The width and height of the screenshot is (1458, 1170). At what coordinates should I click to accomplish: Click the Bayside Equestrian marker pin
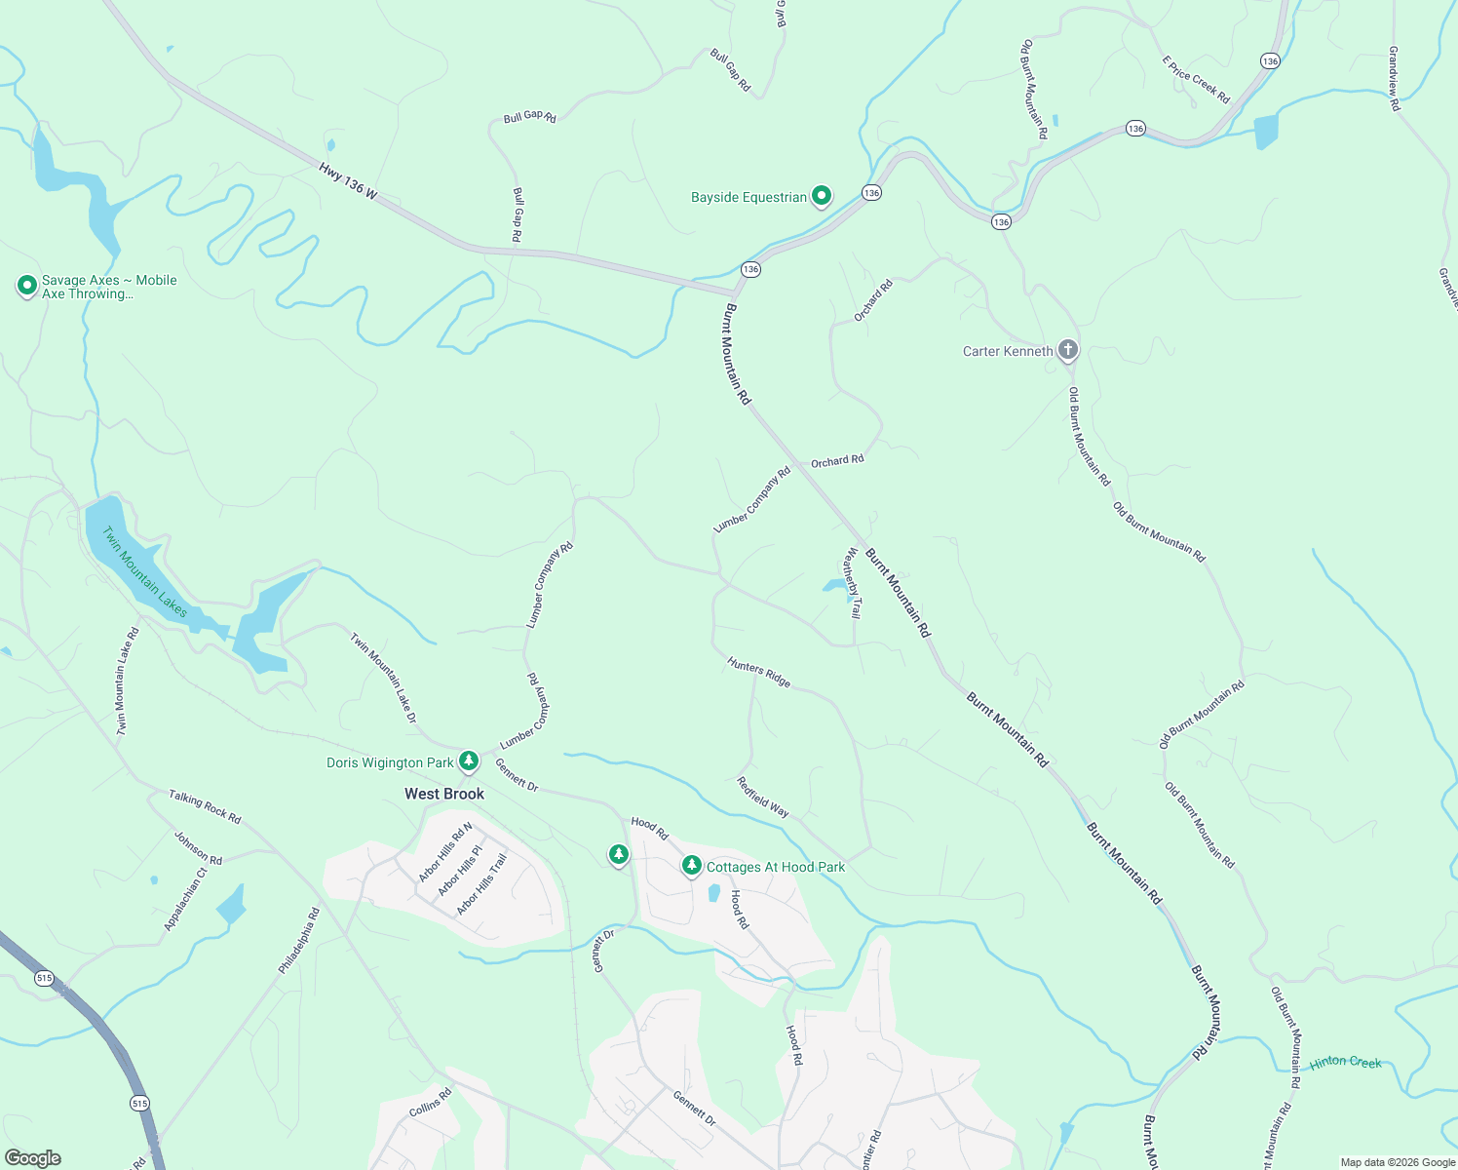point(822,197)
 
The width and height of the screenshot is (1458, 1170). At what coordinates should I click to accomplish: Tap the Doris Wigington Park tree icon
point(469,760)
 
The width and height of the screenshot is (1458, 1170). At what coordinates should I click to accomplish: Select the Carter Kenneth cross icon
point(1068,350)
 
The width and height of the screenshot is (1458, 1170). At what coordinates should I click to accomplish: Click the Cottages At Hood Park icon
point(692,866)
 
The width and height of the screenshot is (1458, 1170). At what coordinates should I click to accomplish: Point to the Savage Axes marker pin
point(27,286)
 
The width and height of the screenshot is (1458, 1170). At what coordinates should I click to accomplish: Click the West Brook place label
point(444,794)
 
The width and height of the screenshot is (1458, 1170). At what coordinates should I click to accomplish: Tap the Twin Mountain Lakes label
point(144,572)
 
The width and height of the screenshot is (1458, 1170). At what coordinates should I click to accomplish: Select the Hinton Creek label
point(1345,1062)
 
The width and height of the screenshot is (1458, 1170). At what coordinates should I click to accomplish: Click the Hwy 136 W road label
point(348,181)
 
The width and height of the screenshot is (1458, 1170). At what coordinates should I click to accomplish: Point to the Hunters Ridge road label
point(758,672)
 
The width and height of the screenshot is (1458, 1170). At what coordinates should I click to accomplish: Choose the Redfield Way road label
point(762,797)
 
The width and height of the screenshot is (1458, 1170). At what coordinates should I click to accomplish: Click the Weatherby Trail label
point(853,583)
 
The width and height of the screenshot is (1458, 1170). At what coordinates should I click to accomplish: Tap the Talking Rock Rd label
point(205,806)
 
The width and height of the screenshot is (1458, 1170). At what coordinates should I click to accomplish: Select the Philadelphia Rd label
point(299,941)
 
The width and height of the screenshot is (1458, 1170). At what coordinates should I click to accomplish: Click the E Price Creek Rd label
point(1196,80)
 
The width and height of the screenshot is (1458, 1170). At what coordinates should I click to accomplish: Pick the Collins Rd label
point(431,1103)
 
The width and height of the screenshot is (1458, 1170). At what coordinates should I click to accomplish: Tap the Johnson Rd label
point(198,847)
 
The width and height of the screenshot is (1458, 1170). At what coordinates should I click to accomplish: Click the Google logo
point(33,1158)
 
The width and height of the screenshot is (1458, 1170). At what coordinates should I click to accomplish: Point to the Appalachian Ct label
point(185,900)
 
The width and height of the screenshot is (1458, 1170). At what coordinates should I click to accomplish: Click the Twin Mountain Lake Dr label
point(384,678)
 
